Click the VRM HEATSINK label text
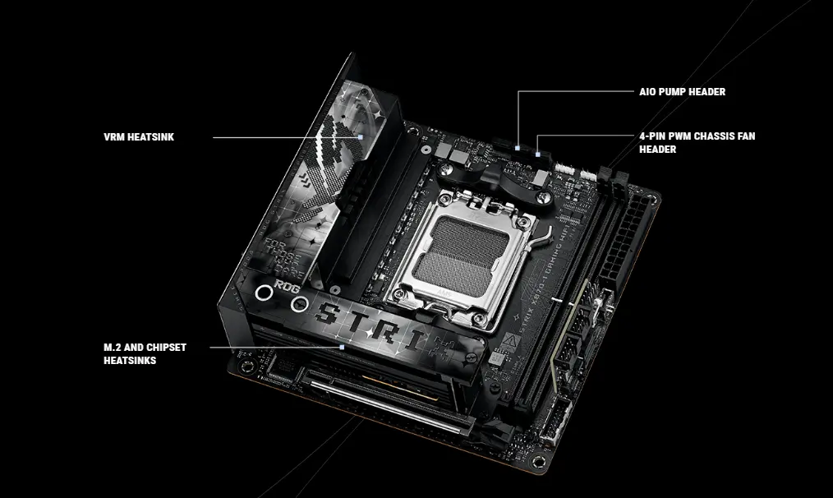139,137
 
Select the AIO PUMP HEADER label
682,92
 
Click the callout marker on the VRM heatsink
361,137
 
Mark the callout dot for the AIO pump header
518,148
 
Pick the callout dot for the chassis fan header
537,154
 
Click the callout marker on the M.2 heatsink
341,348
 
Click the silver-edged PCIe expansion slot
387,403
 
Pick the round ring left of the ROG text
265,293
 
